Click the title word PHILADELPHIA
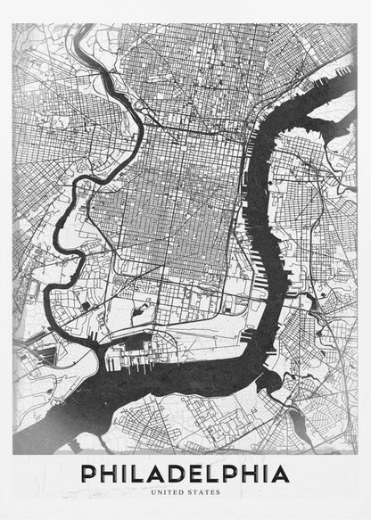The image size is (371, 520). coord(185,473)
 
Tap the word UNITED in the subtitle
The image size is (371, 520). coord(169,491)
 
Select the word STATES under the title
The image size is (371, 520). coord(202,491)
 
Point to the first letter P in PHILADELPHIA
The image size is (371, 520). coord(90,473)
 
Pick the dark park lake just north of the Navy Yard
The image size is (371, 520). coord(86,306)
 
